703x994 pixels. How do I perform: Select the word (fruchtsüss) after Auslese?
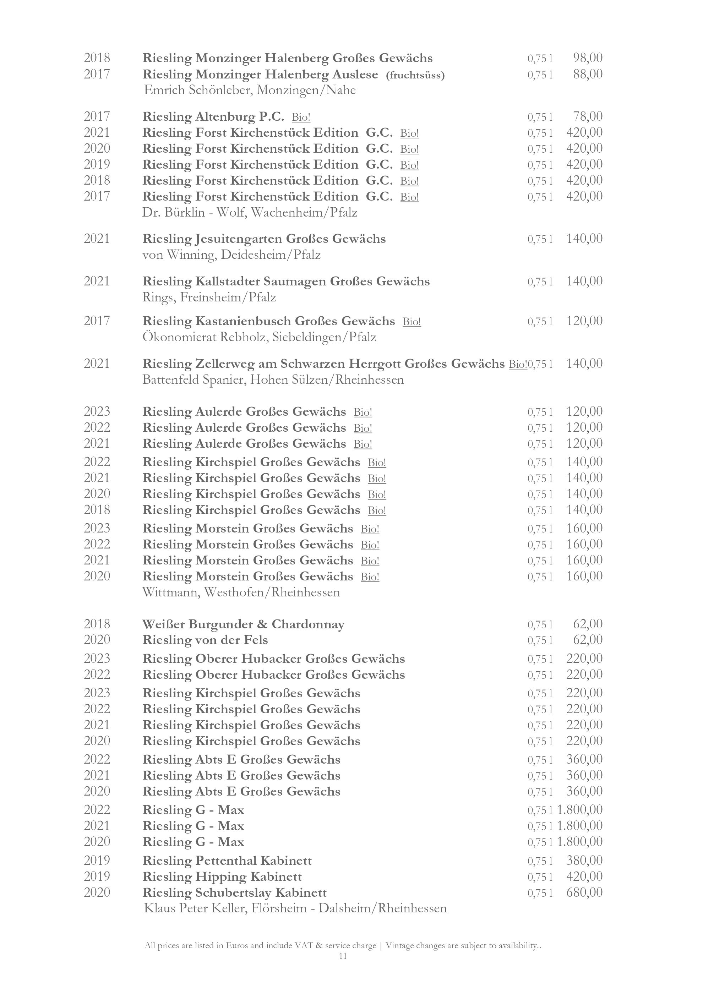click(415, 75)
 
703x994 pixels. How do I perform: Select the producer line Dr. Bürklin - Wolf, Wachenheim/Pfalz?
click(249, 213)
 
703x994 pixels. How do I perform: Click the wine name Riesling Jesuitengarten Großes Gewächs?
click(264, 239)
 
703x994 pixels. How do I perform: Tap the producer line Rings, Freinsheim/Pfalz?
click(209, 297)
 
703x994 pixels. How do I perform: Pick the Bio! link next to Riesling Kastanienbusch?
click(412, 322)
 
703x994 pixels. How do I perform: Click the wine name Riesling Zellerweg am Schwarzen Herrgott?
click(323, 364)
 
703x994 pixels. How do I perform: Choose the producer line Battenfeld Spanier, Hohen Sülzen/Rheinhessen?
click(273, 380)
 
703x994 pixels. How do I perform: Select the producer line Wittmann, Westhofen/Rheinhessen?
click(241, 592)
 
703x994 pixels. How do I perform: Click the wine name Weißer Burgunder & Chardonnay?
click(243, 624)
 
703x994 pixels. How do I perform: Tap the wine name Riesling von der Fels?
click(205, 640)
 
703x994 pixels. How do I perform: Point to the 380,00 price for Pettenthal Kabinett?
click(584, 860)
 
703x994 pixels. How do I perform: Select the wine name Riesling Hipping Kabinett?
click(222, 877)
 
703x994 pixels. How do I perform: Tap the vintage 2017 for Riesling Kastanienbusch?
click(97, 321)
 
